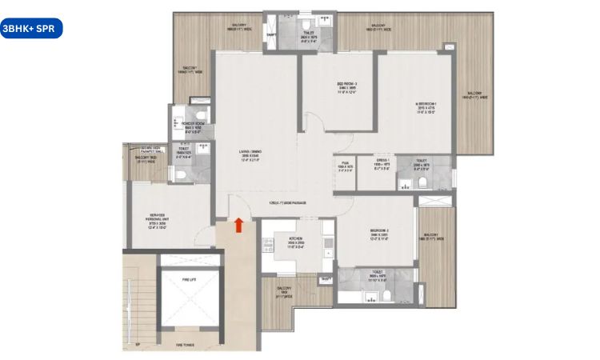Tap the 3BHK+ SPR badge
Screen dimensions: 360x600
tap(30, 28)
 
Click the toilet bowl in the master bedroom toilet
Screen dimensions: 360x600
tap(422, 184)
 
